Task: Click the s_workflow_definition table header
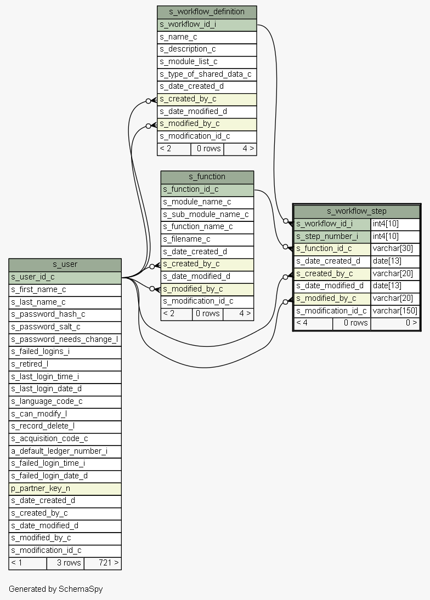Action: (207, 12)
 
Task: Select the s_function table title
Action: (207, 176)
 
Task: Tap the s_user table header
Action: (65, 264)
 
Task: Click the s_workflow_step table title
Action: (357, 211)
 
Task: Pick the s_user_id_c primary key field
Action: (65, 277)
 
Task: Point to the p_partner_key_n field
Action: (65, 488)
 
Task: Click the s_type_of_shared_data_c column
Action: (207, 74)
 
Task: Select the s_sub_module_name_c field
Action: (207, 214)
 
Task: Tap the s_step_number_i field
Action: (332, 236)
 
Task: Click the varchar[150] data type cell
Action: (395, 311)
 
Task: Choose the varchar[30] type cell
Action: (395, 248)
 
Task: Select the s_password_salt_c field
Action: (65, 327)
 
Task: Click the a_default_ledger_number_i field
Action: (65, 451)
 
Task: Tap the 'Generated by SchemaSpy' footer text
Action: (55, 589)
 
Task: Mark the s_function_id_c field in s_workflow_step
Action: (332, 248)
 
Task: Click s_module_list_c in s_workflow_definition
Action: (207, 61)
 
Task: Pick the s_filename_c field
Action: (207, 239)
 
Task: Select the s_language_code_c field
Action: (65, 401)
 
